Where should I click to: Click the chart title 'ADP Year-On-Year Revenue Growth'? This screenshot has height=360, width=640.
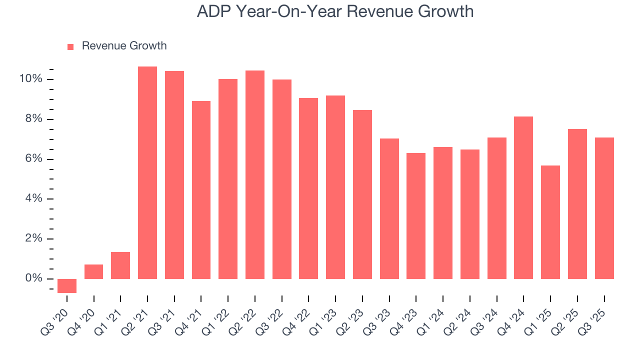[x=335, y=11]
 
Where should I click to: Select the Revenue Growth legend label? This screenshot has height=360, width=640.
[x=124, y=46]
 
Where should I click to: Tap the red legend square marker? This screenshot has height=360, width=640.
[x=70, y=46]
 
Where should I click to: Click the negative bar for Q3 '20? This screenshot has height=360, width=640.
[x=67, y=285]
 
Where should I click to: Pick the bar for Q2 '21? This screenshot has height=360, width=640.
[x=147, y=172]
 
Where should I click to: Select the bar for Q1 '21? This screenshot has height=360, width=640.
[x=120, y=265]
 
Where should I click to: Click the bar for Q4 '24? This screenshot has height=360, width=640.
[x=523, y=197]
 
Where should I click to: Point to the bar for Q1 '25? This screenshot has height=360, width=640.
[x=550, y=222]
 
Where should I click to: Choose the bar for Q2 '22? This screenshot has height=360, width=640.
[x=255, y=174]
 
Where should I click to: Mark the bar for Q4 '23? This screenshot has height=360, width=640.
[x=416, y=215]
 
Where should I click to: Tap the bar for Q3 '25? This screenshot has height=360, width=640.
[x=604, y=208]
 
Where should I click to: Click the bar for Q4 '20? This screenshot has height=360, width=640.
[x=93, y=271]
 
